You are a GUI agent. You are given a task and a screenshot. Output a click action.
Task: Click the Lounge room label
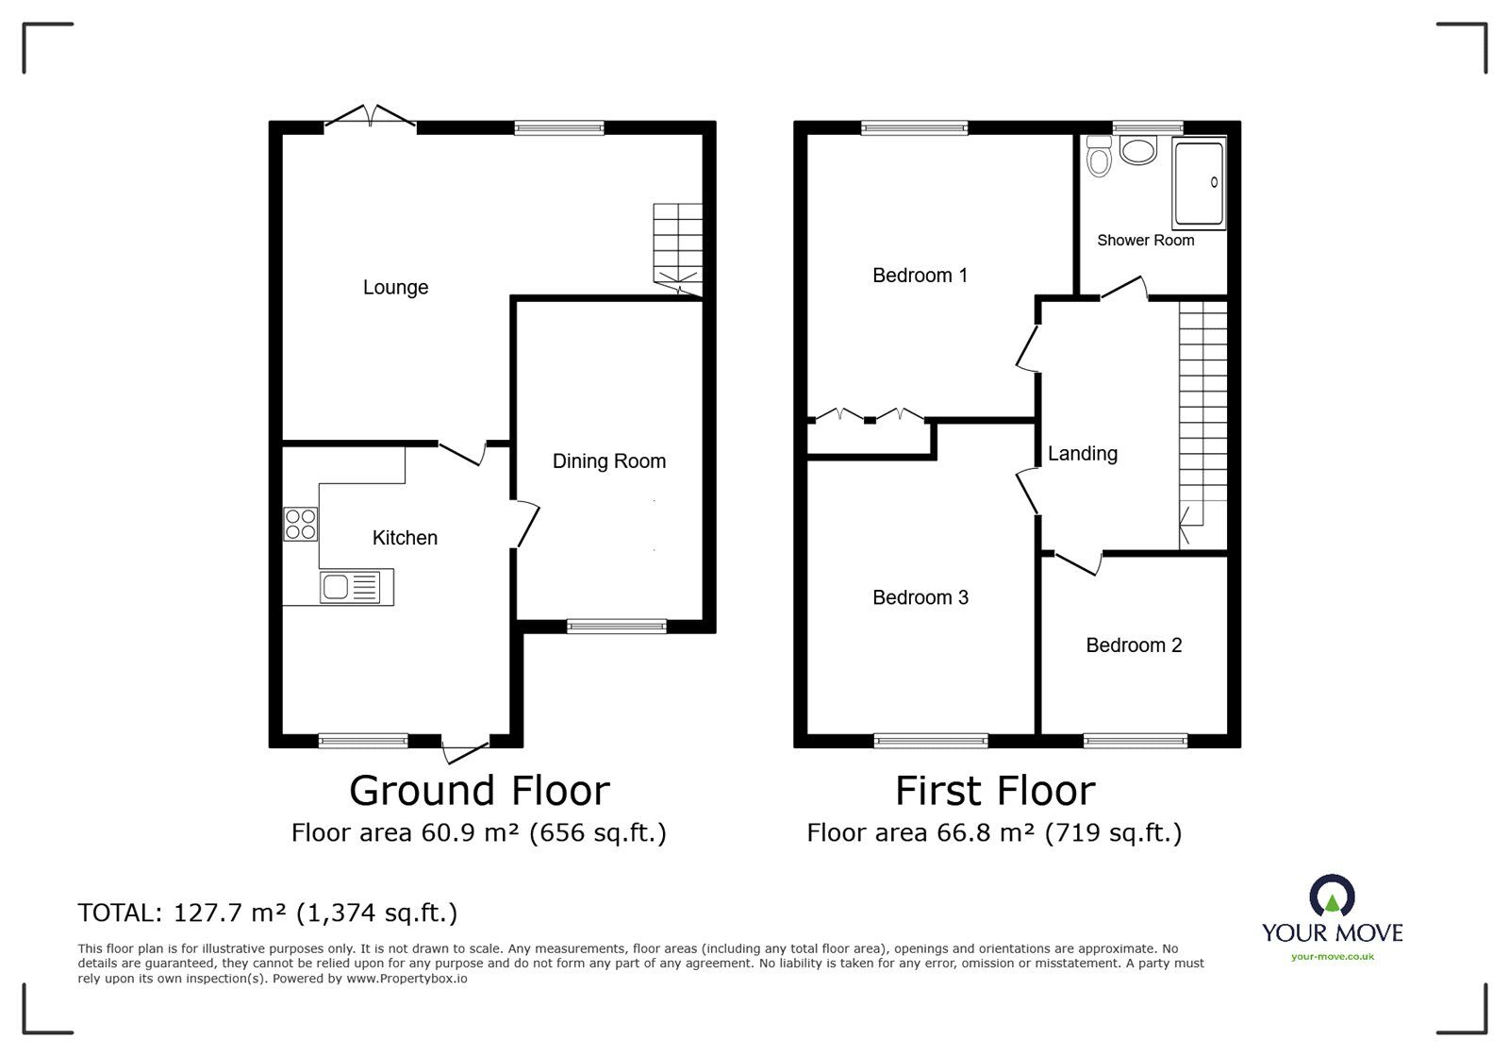tap(395, 288)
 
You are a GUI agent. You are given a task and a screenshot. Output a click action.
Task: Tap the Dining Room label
tap(609, 461)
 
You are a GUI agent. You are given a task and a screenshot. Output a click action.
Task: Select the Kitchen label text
tap(405, 538)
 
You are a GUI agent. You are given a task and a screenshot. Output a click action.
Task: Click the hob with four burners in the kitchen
tap(301, 525)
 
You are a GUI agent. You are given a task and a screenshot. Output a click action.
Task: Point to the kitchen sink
tap(350, 587)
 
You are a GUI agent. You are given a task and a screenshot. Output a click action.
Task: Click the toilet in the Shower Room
tap(1099, 157)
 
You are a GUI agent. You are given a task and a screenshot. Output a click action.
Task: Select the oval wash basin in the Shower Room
tap(1137, 150)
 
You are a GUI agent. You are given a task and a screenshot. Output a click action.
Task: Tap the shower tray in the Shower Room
tap(1199, 184)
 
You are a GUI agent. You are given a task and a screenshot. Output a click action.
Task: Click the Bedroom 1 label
tap(920, 275)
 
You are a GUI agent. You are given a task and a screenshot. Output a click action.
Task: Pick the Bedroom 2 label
tap(1134, 645)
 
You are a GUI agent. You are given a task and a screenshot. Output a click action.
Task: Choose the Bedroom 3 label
tap(920, 597)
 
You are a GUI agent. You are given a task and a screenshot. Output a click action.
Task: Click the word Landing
tap(1083, 454)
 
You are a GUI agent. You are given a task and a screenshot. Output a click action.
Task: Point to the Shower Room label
tap(1145, 241)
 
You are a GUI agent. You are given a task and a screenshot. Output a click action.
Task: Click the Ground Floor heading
tap(480, 791)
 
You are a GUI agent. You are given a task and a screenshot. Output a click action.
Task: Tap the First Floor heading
tap(995, 791)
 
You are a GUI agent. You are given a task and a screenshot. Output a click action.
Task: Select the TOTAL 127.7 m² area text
tap(268, 914)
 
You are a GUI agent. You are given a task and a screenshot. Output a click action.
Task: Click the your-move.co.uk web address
tap(1333, 957)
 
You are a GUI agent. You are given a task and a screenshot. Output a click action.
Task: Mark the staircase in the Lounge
tap(678, 249)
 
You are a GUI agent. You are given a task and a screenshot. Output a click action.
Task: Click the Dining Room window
tap(617, 627)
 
